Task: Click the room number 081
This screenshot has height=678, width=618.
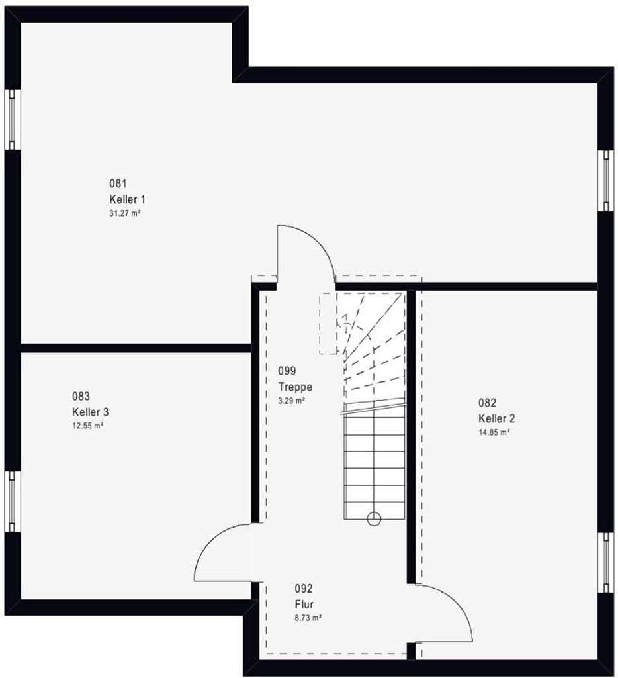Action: tap(118, 184)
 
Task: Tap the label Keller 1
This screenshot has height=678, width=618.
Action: tap(128, 199)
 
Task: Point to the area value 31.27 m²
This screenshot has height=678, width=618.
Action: tap(125, 213)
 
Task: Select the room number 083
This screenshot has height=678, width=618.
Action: tap(81, 396)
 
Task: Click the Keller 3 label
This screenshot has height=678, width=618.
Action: tap(91, 412)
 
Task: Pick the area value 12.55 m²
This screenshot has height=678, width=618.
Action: tap(88, 426)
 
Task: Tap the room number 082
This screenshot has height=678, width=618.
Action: tap(487, 403)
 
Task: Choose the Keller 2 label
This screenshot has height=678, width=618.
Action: tap(496, 418)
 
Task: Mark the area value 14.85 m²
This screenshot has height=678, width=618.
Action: tap(494, 432)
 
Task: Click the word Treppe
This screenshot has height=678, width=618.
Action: tap(295, 387)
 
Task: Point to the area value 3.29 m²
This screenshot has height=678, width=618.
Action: tap(292, 401)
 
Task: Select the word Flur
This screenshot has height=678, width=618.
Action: tap(304, 604)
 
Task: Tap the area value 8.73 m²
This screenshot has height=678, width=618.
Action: tap(308, 618)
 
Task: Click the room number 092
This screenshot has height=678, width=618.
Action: tap(304, 589)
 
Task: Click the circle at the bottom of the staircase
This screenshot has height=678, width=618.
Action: tap(374, 518)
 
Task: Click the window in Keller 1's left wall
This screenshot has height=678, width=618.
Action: tap(12, 120)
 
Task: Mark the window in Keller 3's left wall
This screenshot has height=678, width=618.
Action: tap(12, 502)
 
